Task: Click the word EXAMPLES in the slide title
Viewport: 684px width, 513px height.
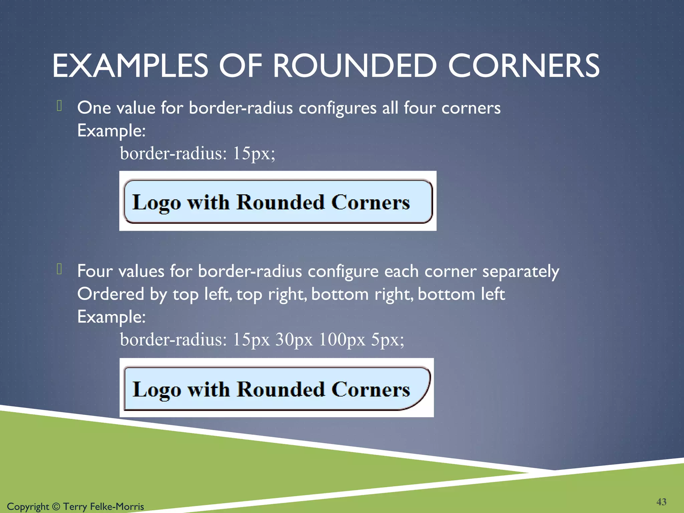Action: (130, 66)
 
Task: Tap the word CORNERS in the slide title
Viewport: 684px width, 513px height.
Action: (523, 66)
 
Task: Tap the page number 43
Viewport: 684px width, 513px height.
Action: (661, 502)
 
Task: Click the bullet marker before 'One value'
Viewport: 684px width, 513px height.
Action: (59, 106)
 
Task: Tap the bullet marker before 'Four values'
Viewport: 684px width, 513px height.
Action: (59, 269)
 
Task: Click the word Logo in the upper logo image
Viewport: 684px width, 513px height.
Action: (157, 203)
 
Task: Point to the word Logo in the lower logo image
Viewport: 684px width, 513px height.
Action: (157, 390)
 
